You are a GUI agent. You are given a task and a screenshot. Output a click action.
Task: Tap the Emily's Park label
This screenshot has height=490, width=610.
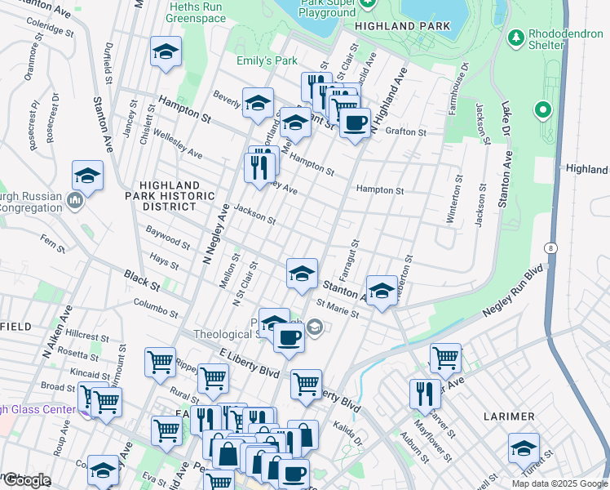click(267, 61)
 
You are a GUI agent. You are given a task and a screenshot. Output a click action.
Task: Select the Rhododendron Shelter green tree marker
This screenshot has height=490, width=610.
click(515, 37)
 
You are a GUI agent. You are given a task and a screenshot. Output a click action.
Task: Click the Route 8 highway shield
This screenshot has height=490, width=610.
click(552, 247)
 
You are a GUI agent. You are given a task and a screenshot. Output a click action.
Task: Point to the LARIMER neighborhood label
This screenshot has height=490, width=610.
click(509, 416)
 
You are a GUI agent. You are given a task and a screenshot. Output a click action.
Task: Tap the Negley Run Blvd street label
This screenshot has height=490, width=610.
click(512, 289)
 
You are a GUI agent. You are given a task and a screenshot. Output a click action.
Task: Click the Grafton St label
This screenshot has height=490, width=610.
click(405, 131)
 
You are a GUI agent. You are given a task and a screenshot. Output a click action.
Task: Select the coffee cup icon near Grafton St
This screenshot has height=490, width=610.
click(354, 123)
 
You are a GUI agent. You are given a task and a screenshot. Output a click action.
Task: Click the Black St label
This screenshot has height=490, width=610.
click(143, 281)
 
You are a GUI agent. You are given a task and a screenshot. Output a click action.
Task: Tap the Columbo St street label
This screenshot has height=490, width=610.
click(156, 308)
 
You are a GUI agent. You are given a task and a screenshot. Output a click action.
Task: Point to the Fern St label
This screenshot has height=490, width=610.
click(52, 242)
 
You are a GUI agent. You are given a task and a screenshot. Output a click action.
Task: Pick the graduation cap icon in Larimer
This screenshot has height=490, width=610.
click(523, 448)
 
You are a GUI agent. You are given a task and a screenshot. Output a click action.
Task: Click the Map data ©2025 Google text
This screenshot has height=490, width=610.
click(559, 483)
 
